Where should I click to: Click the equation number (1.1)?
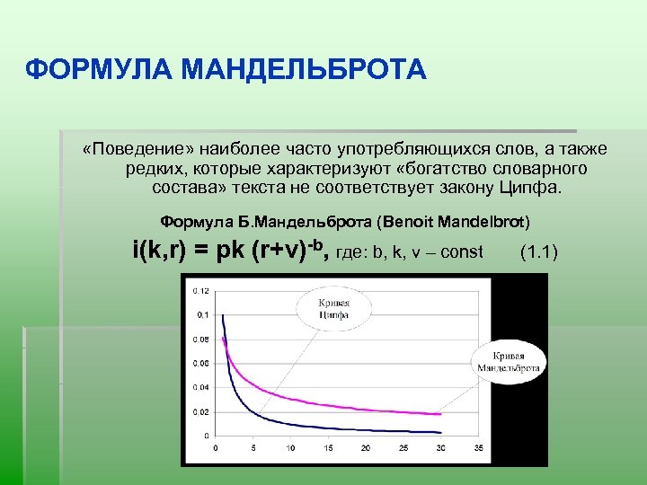(x=539, y=251)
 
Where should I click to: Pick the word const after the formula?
(x=464, y=251)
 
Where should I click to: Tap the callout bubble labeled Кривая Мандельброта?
(x=508, y=362)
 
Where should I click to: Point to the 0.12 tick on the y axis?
(x=202, y=290)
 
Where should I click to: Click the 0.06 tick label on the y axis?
(x=202, y=364)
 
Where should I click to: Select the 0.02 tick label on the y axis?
(x=202, y=412)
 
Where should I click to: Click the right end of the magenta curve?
(x=440, y=414)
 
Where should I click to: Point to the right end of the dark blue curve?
(x=440, y=432)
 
